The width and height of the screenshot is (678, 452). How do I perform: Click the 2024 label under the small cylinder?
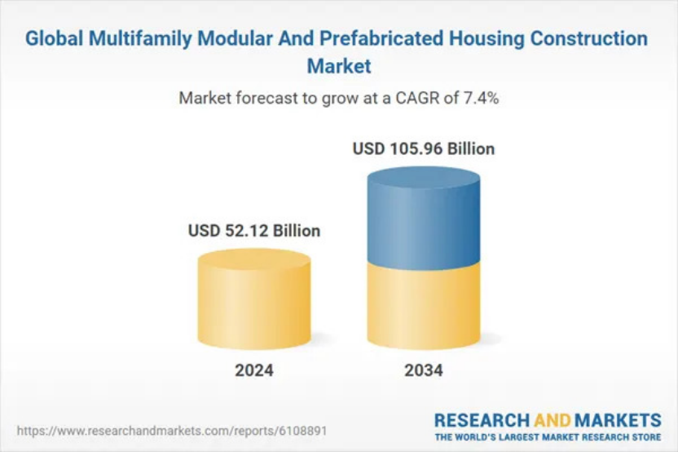254,370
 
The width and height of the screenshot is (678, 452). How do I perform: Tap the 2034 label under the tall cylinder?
424,370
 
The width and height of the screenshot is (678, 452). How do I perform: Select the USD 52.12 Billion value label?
254,231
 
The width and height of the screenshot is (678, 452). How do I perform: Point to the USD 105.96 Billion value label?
424,149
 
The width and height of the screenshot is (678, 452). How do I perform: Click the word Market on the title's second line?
339,64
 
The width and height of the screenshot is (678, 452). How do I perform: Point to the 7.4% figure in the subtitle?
480,99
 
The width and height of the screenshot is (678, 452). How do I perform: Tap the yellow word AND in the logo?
556,420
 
